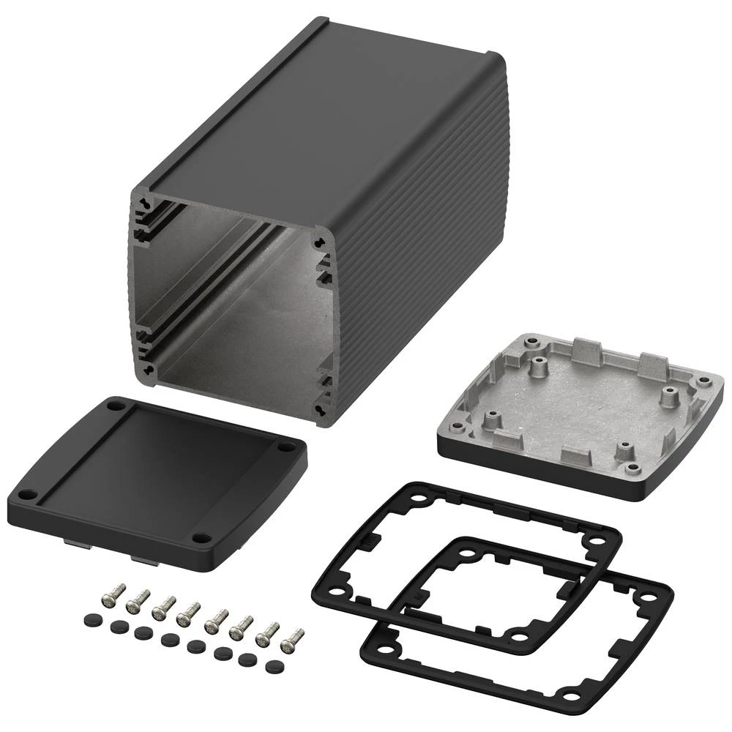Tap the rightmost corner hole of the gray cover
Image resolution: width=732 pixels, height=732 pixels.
[705, 381]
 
